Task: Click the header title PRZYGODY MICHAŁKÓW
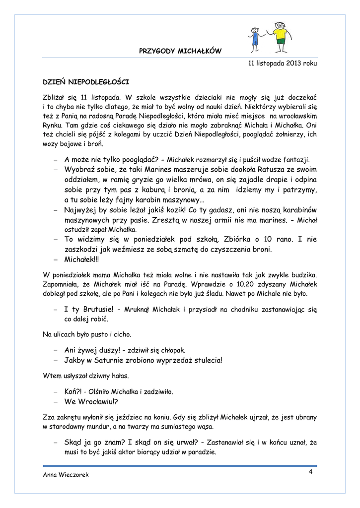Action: point(180,51)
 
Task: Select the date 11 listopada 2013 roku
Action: point(282,63)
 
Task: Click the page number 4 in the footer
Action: point(310,471)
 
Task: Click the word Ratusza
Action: point(262,170)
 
